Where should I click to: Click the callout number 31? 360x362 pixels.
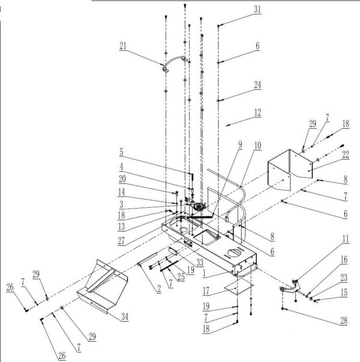pyautogui.click(x=257, y=9)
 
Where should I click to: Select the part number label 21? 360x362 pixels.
pyautogui.click(x=124, y=46)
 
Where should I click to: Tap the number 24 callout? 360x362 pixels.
pyautogui.click(x=257, y=85)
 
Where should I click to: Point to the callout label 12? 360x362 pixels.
pyautogui.click(x=257, y=112)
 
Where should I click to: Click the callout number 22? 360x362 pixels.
pyautogui.click(x=345, y=155)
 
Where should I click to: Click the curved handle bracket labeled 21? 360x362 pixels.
pyautogui.click(x=174, y=62)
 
